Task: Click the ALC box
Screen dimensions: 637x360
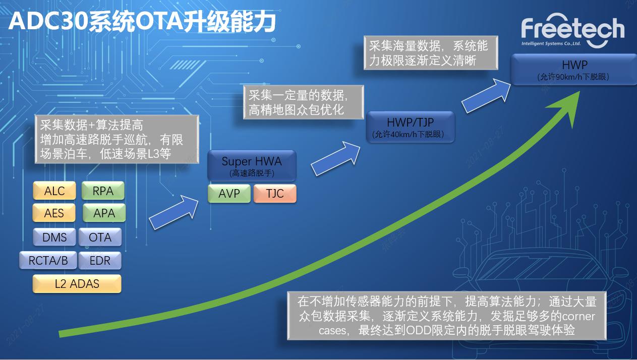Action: tap(54, 191)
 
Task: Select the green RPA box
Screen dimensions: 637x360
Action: tap(103, 191)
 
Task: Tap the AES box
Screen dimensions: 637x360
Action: tap(54, 213)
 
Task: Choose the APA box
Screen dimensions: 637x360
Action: tap(104, 213)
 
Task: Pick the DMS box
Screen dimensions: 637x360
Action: tap(54, 237)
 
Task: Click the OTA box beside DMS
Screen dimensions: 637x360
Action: tap(100, 237)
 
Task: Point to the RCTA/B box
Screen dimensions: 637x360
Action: tap(48, 260)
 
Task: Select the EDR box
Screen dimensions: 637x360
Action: tap(100, 260)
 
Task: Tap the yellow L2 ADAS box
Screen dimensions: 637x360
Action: tap(77, 283)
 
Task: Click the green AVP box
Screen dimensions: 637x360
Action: tap(229, 194)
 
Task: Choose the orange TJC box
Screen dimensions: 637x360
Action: tap(275, 194)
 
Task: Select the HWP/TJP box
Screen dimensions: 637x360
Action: tap(411, 127)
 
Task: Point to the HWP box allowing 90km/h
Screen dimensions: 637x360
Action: tap(574, 70)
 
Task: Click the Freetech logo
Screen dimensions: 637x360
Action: tap(572, 30)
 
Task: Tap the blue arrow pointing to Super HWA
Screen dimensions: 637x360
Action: tap(174, 212)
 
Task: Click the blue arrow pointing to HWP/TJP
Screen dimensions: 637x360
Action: tap(336, 158)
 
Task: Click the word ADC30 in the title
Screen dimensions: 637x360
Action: tap(48, 22)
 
